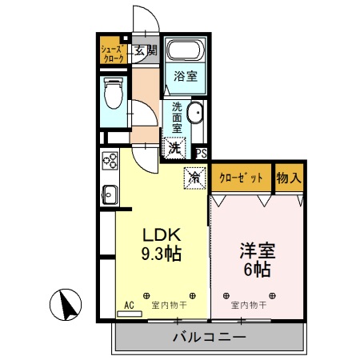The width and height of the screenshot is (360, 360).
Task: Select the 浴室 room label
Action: [x=186, y=78]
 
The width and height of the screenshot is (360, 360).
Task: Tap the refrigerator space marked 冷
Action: [x=194, y=178]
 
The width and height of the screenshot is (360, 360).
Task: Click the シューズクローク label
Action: [x=110, y=54]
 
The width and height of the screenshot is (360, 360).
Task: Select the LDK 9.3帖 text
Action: [x=162, y=245]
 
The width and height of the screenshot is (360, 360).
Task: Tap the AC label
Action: [x=129, y=304]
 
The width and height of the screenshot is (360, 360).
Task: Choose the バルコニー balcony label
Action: [x=209, y=337]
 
